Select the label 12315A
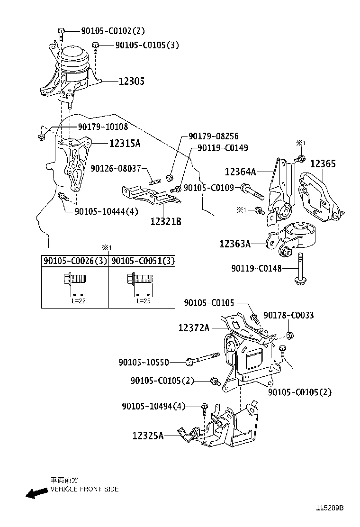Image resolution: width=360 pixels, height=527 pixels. (125, 143)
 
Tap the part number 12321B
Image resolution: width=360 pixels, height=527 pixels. (166, 221)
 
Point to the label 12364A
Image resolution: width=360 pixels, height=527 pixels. (240, 172)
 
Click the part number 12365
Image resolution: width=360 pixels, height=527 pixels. (323, 164)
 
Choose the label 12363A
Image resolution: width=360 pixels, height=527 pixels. (235, 244)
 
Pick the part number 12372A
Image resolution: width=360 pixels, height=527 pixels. (194, 327)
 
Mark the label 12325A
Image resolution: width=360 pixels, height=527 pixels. (148, 435)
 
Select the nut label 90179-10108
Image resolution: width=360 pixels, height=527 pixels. (103, 127)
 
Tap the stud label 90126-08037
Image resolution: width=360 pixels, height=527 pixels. (116, 168)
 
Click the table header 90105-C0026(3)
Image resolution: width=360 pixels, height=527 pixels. (75, 261)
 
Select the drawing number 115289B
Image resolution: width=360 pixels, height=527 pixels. (330, 508)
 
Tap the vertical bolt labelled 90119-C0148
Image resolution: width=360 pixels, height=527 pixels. (301, 269)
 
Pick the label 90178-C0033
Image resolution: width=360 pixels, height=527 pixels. (288, 315)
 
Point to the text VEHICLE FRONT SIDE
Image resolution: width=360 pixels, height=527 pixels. (84, 489)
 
